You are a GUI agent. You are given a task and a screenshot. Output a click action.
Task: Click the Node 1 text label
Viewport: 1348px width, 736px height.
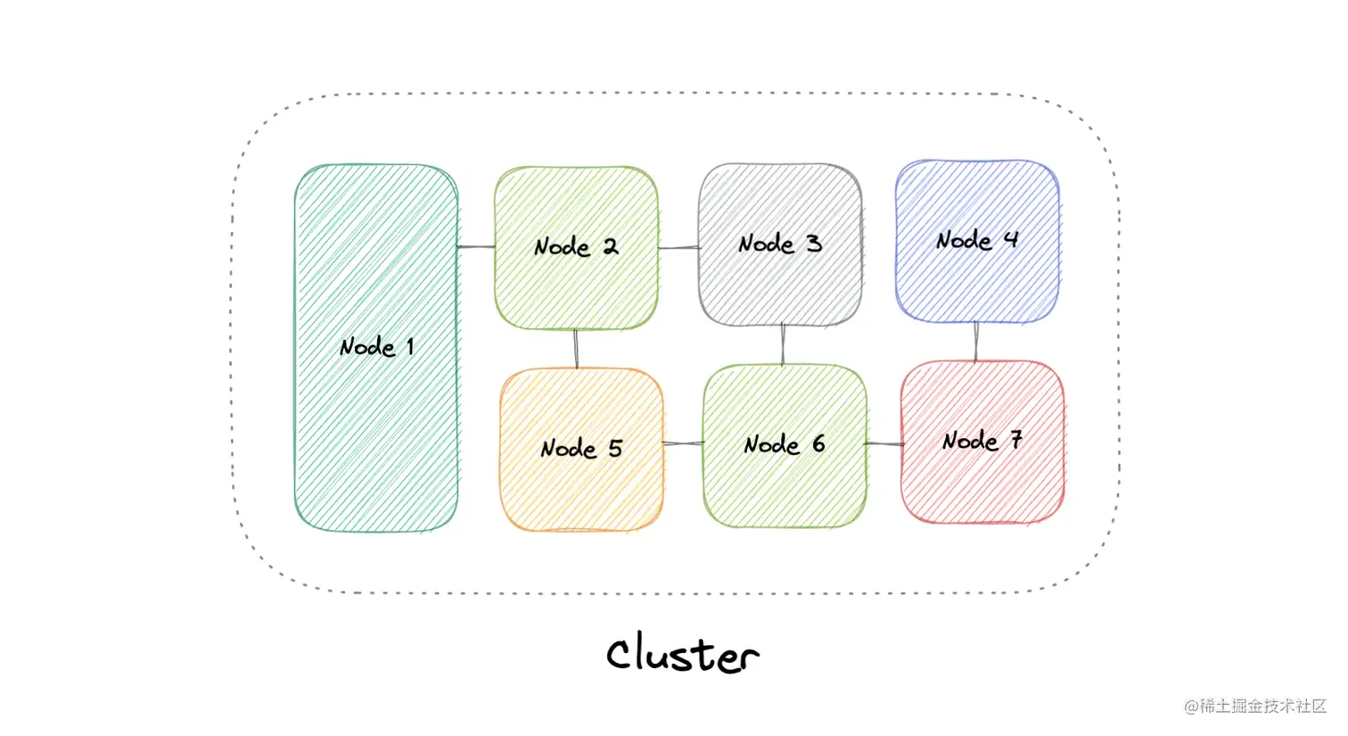376,347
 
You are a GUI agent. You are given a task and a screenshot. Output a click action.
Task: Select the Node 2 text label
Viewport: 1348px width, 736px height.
576,246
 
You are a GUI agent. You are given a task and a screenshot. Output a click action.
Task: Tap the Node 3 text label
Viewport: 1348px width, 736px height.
780,244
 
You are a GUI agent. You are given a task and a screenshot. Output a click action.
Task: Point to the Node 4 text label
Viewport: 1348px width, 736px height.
977,240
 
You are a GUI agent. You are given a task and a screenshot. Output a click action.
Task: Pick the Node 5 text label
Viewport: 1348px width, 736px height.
581,448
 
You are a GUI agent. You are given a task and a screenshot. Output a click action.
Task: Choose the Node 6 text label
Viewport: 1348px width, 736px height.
785,444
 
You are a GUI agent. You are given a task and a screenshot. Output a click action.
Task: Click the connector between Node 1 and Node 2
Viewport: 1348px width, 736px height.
476,247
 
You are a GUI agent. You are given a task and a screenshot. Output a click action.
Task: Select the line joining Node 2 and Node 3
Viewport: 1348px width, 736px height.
678,248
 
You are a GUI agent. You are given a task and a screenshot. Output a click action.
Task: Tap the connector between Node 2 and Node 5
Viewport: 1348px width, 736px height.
576,349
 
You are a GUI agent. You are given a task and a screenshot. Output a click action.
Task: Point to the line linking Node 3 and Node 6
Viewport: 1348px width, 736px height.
783,344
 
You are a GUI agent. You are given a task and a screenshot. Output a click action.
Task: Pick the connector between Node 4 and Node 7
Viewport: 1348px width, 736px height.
976,341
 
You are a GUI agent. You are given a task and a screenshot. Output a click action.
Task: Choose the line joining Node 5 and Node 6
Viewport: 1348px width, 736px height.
683,443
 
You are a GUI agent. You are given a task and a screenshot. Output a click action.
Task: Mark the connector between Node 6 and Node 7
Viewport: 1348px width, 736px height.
884,443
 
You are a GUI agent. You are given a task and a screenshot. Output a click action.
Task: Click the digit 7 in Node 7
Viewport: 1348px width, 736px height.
1015,439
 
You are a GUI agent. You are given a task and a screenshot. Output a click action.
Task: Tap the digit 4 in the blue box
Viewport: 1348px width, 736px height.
1010,239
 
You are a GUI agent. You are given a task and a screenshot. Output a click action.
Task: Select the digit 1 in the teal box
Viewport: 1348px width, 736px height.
410,346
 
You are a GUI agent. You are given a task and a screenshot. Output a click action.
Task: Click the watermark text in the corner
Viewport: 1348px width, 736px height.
1255,707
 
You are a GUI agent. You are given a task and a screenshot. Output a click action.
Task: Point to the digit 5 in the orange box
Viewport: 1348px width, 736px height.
615,448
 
